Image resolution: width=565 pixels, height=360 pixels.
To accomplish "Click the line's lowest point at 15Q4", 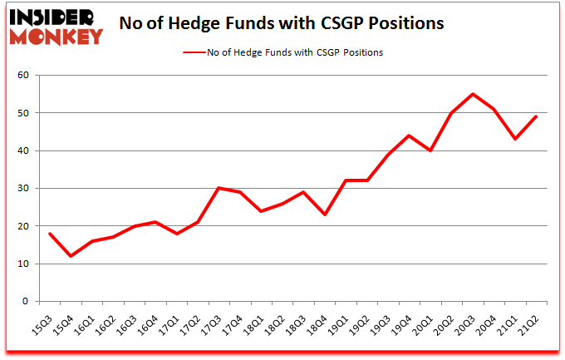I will (x=71, y=256).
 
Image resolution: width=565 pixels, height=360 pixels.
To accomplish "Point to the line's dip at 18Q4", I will (x=323, y=215).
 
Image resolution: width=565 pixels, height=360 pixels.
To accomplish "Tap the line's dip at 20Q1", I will (x=430, y=150).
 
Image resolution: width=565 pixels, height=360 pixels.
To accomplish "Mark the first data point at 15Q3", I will (x=50, y=234).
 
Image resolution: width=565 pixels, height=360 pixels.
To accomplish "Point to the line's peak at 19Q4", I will (x=409, y=136).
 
